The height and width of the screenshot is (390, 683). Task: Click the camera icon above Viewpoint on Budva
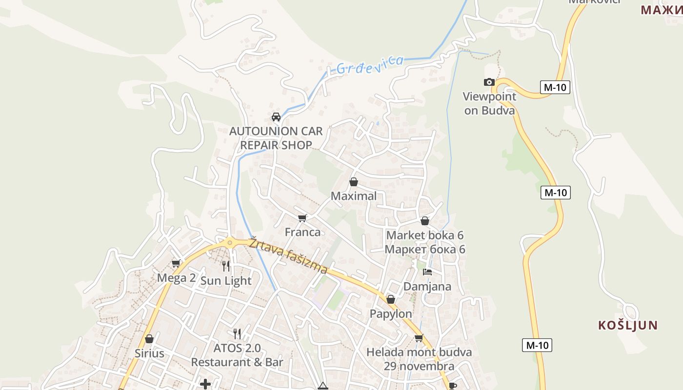tap(489, 82)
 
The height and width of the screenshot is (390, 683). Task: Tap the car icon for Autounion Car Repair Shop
tap(276, 117)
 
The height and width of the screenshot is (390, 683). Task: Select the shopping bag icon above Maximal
tap(354, 182)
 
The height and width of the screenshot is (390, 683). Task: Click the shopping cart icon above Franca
tap(302, 218)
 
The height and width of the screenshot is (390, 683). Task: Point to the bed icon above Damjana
tap(427, 272)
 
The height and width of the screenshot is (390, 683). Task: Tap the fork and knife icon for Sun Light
tap(226, 266)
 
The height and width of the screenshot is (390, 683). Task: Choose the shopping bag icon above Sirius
tap(149, 338)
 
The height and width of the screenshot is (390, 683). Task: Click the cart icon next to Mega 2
tap(176, 264)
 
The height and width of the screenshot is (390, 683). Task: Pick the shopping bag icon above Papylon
tap(390, 299)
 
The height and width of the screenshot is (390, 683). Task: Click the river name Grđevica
tap(370, 65)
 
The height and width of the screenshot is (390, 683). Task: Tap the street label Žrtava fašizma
tap(288, 255)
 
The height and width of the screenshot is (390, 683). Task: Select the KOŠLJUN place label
tap(628, 325)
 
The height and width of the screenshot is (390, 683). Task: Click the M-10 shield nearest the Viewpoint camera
tap(555, 88)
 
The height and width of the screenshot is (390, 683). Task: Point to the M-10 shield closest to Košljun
tap(537, 346)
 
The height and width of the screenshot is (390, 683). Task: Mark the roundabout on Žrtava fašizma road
tap(229, 242)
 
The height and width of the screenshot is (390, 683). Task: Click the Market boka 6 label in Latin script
tap(424, 235)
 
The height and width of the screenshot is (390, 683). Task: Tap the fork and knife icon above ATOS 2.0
tap(237, 333)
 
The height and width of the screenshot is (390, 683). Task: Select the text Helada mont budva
tap(419, 352)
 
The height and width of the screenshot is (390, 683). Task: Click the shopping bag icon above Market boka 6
tap(425, 221)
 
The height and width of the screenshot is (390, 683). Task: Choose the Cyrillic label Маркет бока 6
tap(424, 250)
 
